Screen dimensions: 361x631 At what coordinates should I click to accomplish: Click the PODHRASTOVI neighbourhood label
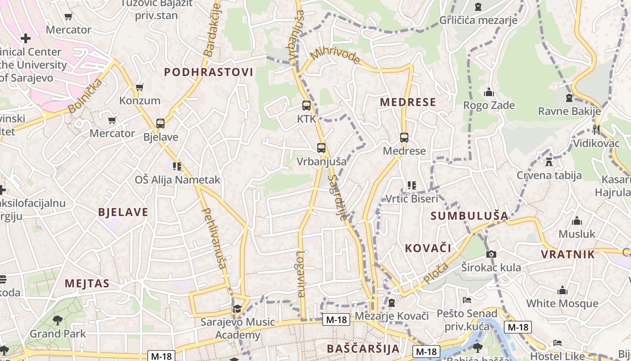pyautogui.click(x=208, y=72)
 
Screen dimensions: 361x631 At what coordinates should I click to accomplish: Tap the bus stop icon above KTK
pyautogui.click(x=306, y=106)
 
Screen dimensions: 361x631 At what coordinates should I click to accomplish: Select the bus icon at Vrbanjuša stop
pyautogui.click(x=321, y=148)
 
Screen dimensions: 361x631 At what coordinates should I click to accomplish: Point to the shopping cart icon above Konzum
pyautogui.click(x=140, y=87)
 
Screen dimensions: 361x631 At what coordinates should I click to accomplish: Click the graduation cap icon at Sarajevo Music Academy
pyautogui.click(x=237, y=309)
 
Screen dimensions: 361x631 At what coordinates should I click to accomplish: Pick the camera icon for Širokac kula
pyautogui.click(x=491, y=255)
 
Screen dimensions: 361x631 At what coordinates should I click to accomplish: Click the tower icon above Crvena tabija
pyautogui.click(x=549, y=162)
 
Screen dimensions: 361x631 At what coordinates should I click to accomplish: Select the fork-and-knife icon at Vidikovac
pyautogui.click(x=596, y=130)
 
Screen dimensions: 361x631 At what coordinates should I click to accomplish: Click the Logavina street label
pyautogui.click(x=301, y=273)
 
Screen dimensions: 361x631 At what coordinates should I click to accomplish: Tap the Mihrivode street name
pyautogui.click(x=335, y=55)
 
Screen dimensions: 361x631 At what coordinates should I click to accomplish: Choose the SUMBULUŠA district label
pyautogui.click(x=469, y=216)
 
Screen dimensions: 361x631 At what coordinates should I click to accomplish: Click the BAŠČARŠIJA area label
pyautogui.click(x=363, y=348)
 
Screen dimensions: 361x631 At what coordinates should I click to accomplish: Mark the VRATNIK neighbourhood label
pyautogui.click(x=568, y=254)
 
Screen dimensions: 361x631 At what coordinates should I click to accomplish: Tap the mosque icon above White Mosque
pyautogui.click(x=562, y=290)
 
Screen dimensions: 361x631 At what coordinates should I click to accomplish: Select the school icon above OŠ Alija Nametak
pyautogui.click(x=177, y=167)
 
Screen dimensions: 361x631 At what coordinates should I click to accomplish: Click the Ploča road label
pyautogui.click(x=436, y=273)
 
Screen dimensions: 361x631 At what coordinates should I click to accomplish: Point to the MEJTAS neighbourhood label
pyautogui.click(x=87, y=283)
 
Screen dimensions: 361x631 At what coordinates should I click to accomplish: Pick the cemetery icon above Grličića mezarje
pyautogui.click(x=478, y=7)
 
